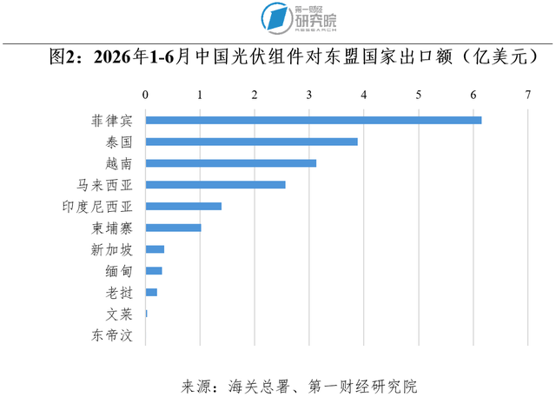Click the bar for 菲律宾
[314, 120]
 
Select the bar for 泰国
[251, 142]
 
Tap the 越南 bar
[231, 163]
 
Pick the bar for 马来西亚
[215, 185]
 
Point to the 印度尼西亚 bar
[183, 206]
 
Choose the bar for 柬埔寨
[174, 228]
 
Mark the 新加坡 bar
[155, 249]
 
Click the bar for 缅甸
[154, 271]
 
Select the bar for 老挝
[151, 292]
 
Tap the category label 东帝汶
[112, 335]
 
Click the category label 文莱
[119, 314]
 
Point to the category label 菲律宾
[112, 121]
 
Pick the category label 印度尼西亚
[97, 206]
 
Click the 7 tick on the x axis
[528, 95]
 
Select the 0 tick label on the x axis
[145, 95]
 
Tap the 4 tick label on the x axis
[364, 95]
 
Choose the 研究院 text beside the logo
[315, 21]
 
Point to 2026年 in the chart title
[121, 56]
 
